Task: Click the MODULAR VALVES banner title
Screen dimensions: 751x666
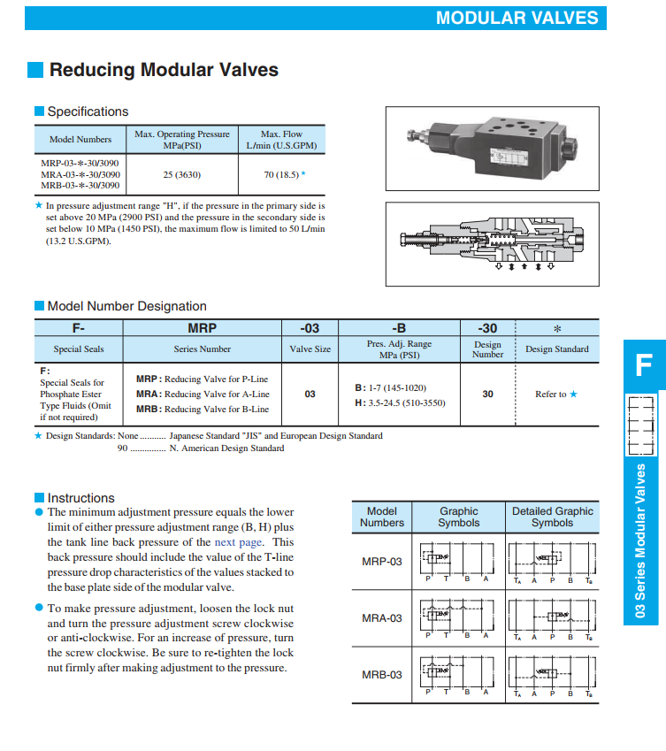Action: click(x=517, y=18)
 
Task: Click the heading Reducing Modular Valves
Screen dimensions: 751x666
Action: click(x=164, y=70)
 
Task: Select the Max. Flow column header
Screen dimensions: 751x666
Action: click(x=281, y=140)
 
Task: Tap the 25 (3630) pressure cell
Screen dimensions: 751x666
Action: click(x=181, y=174)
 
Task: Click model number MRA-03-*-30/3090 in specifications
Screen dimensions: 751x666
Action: click(x=80, y=174)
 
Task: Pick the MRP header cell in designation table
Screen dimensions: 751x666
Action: click(x=203, y=328)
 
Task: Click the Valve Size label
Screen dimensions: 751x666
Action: click(x=310, y=349)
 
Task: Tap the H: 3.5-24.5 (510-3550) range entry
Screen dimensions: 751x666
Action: click(x=400, y=402)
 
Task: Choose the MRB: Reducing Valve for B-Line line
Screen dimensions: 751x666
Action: click(x=203, y=410)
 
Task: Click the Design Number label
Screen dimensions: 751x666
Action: click(x=487, y=349)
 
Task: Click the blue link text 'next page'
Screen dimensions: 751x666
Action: click(x=239, y=542)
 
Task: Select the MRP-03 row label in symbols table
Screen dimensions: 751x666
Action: click(x=381, y=562)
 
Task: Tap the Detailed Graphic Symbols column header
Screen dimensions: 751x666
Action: click(x=553, y=517)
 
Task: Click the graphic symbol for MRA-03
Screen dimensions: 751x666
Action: click(x=458, y=618)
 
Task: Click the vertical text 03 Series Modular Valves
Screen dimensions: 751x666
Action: click(x=642, y=540)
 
